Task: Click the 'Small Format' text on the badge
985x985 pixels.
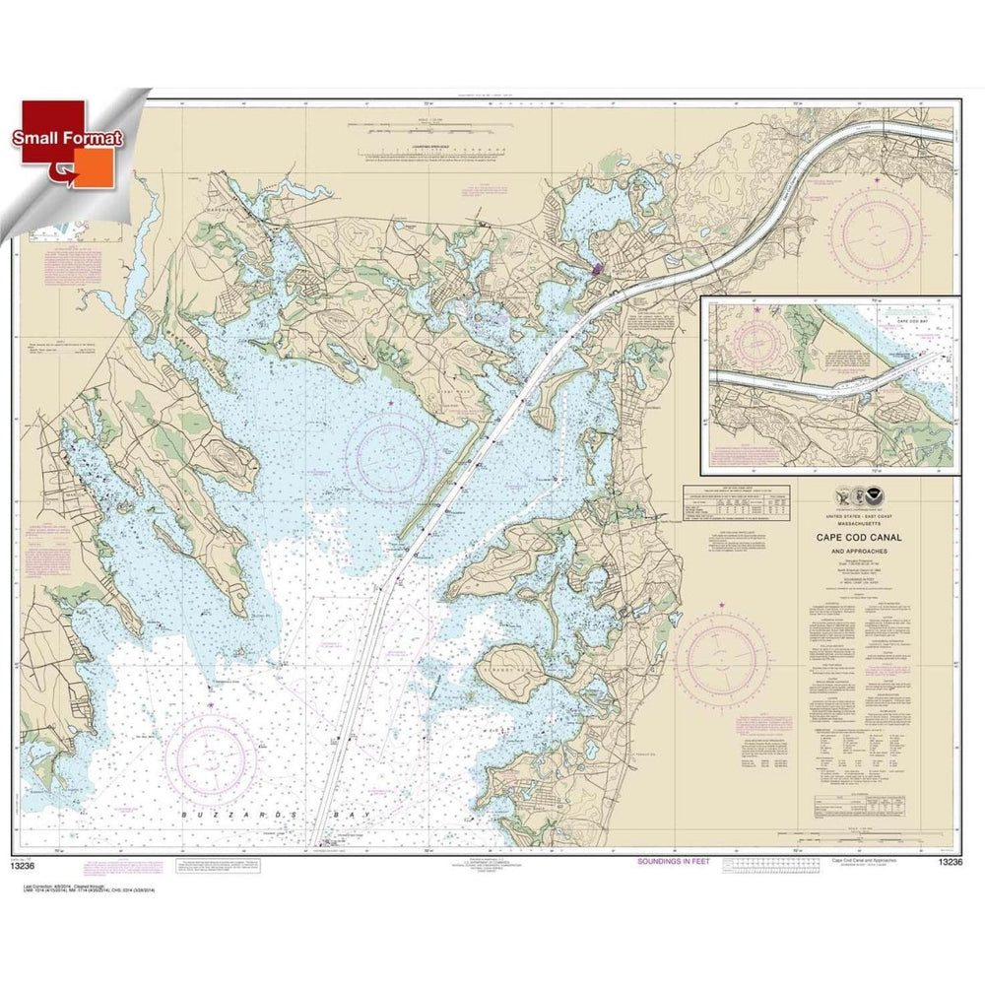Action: (66, 139)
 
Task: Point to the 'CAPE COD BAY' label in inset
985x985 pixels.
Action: (911, 321)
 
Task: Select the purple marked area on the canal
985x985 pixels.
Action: (597, 267)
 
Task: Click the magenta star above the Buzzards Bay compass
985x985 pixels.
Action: (211, 704)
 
